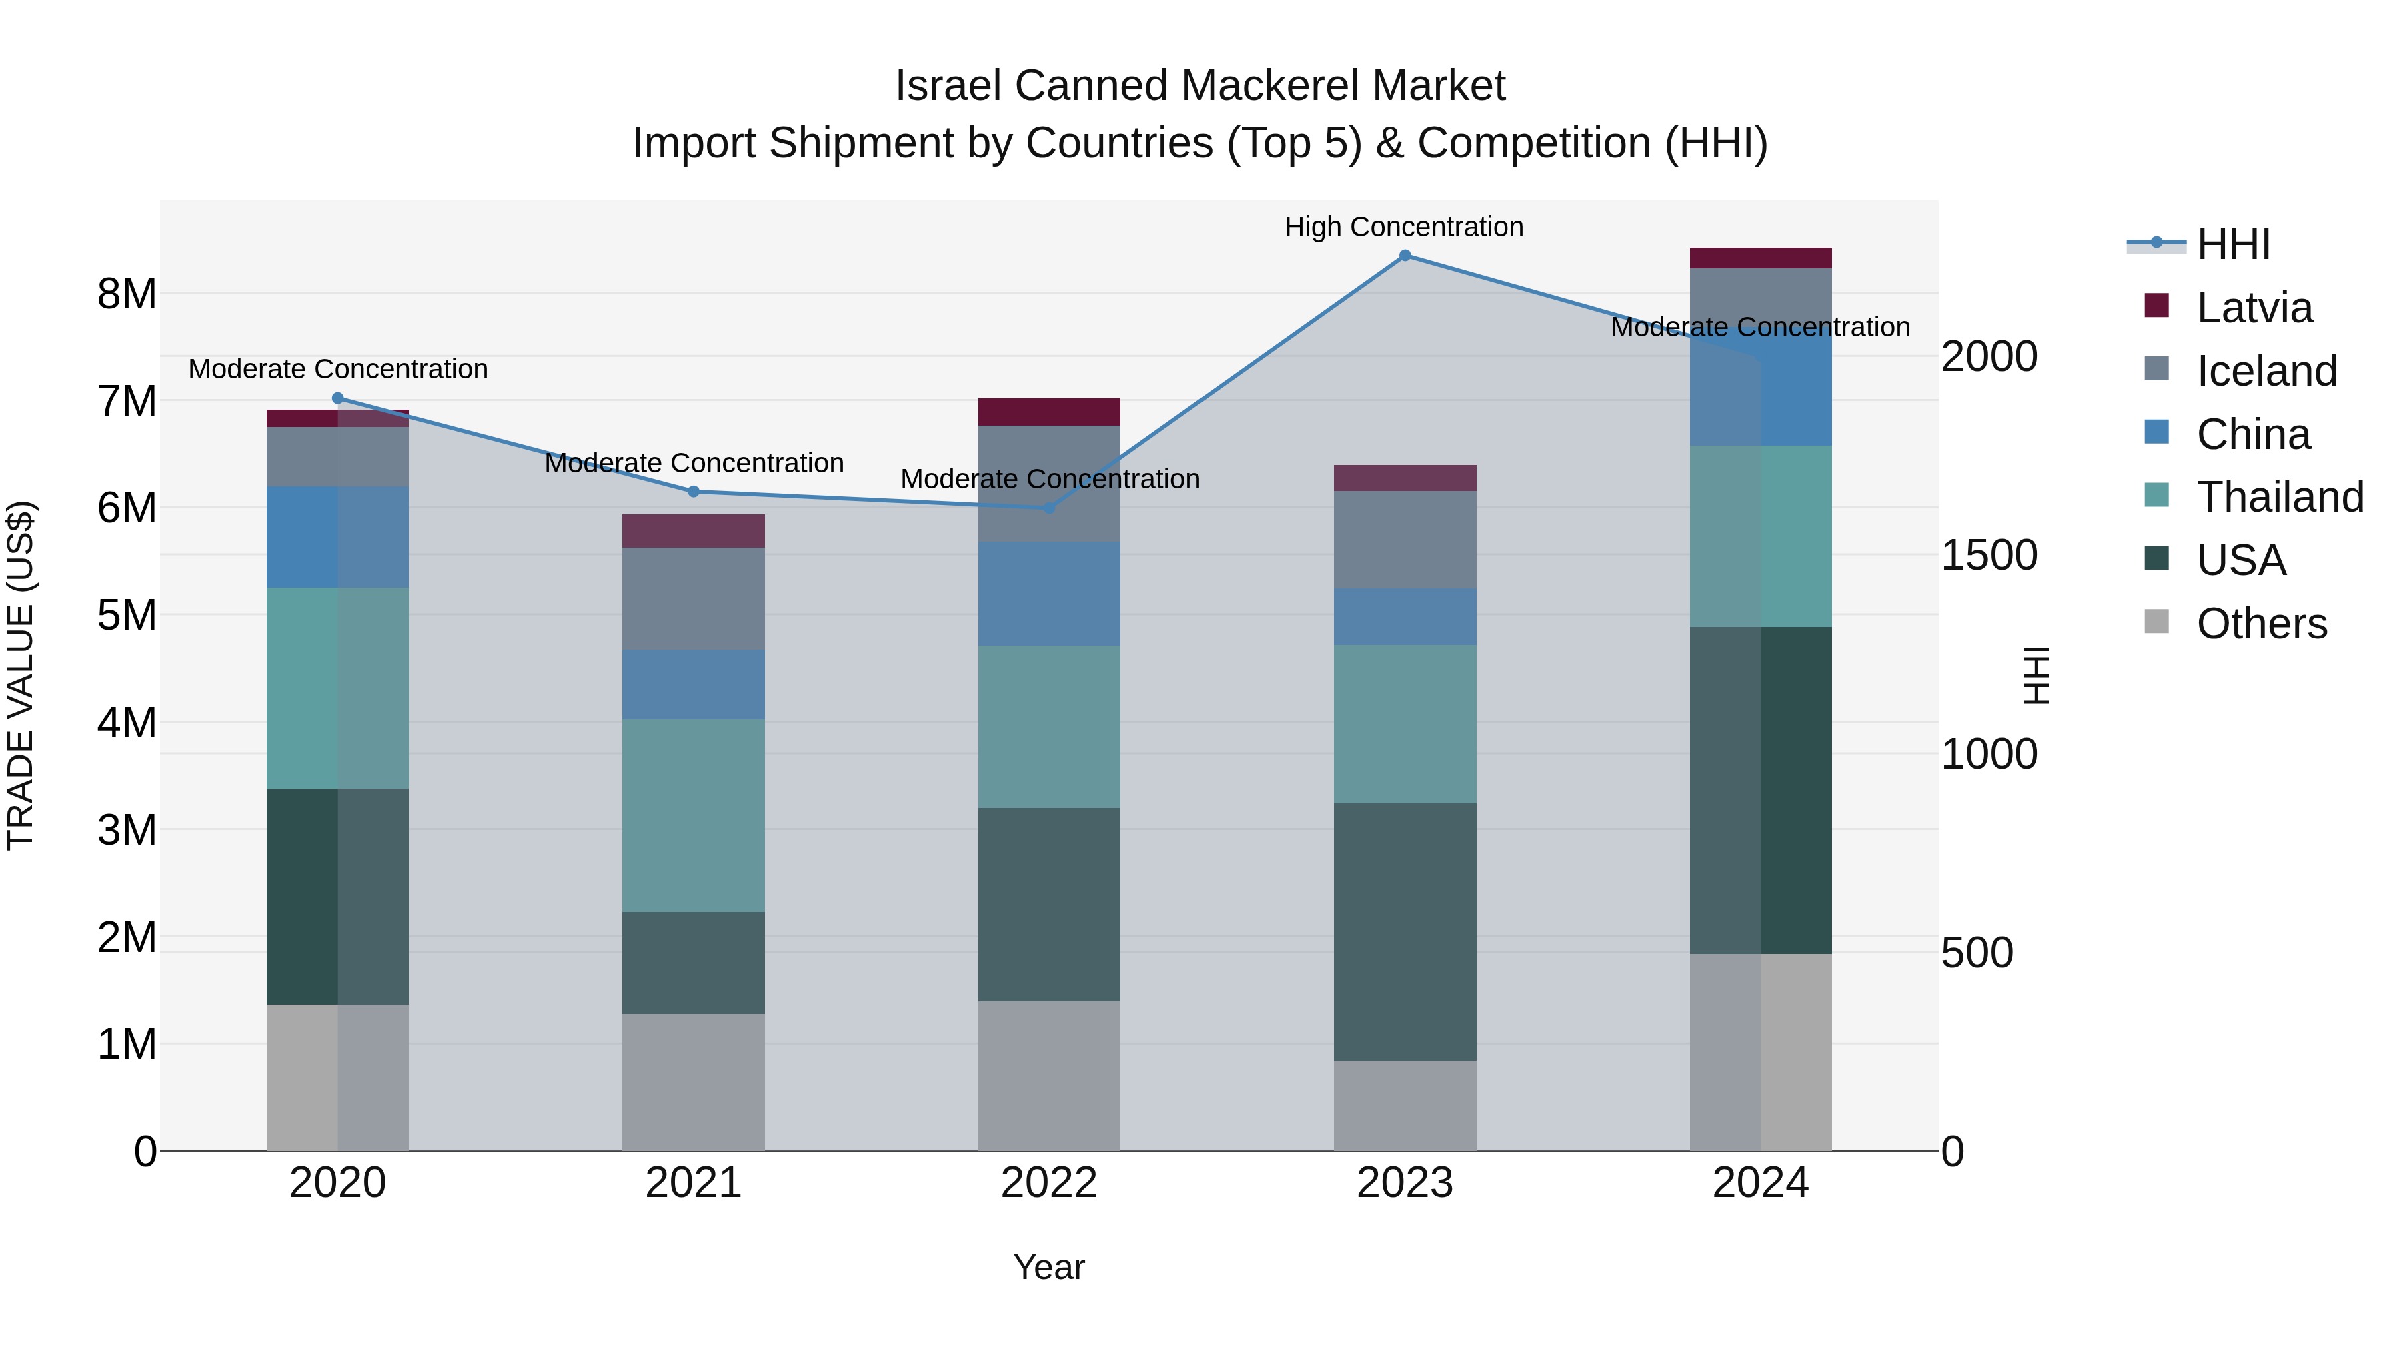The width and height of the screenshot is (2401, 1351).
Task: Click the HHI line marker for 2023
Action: pos(1405,256)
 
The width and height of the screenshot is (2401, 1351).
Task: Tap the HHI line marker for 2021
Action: pos(694,491)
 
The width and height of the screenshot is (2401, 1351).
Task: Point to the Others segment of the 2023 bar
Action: pos(1405,1105)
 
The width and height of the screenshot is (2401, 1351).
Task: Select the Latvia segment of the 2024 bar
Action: pos(1760,258)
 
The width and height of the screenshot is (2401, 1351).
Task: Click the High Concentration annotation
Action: pos(1404,227)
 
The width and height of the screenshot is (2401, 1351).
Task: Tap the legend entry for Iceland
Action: pos(2266,370)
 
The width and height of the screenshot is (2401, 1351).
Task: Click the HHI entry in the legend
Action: pos(2232,244)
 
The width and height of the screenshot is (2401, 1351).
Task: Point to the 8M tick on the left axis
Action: pos(127,294)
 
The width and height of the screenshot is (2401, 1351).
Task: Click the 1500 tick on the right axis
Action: pos(1988,556)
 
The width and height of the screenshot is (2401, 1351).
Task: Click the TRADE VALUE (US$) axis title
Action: pos(21,675)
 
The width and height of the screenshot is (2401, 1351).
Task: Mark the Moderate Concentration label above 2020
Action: pos(337,369)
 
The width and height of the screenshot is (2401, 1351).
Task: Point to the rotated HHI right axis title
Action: pos(2037,675)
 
